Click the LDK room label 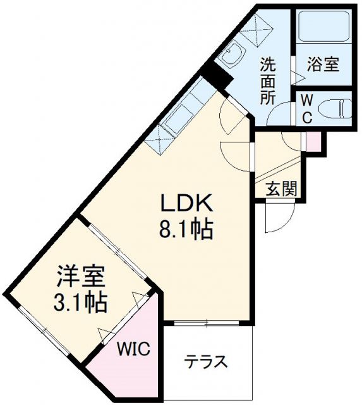188,204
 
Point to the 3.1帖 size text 79,301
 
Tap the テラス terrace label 205,363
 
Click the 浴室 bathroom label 323,64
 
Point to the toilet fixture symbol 335,109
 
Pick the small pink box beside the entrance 312,141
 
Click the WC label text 306,109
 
